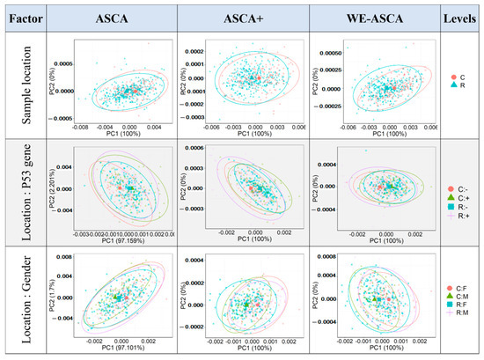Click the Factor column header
click(27, 18)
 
